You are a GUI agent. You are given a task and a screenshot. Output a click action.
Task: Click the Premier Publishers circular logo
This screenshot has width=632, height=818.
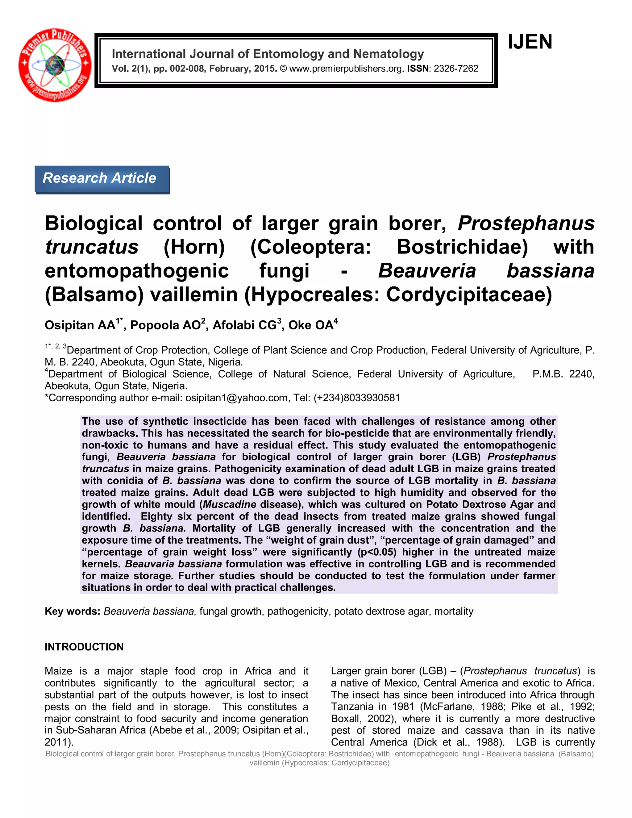coord(55,65)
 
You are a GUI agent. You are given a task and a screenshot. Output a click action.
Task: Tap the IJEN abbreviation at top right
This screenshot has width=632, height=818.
coord(530,42)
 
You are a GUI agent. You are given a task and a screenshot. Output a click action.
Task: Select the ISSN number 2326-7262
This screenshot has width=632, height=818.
coord(456,69)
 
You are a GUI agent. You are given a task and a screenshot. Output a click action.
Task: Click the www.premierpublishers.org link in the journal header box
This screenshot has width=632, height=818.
coord(346,69)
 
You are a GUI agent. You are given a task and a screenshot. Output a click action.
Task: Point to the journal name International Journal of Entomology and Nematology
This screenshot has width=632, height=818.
coord(268,54)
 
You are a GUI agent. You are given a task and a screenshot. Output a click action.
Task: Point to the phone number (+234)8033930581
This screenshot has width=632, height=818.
coord(357,398)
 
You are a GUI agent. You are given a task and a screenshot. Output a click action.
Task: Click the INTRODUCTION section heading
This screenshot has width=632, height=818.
coord(84,647)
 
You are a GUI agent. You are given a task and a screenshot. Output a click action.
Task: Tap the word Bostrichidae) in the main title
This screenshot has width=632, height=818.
coord(462,247)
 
